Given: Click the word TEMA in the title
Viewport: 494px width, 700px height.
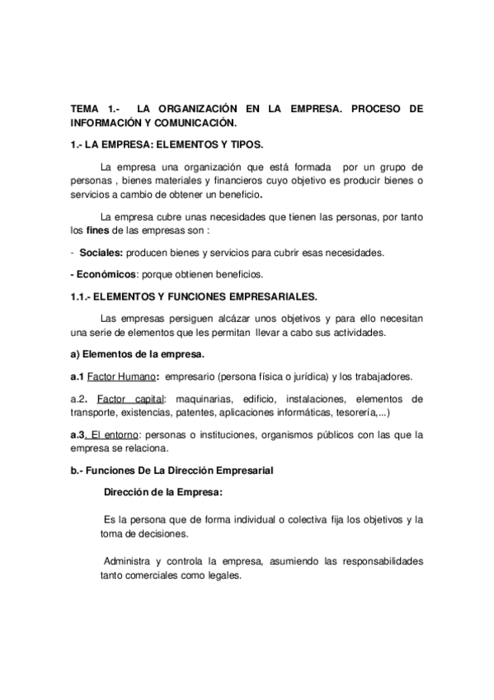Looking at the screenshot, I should click(83, 109).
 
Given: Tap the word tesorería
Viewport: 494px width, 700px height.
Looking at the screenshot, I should click(348, 411).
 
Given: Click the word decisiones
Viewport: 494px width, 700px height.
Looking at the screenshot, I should click(153, 533).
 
